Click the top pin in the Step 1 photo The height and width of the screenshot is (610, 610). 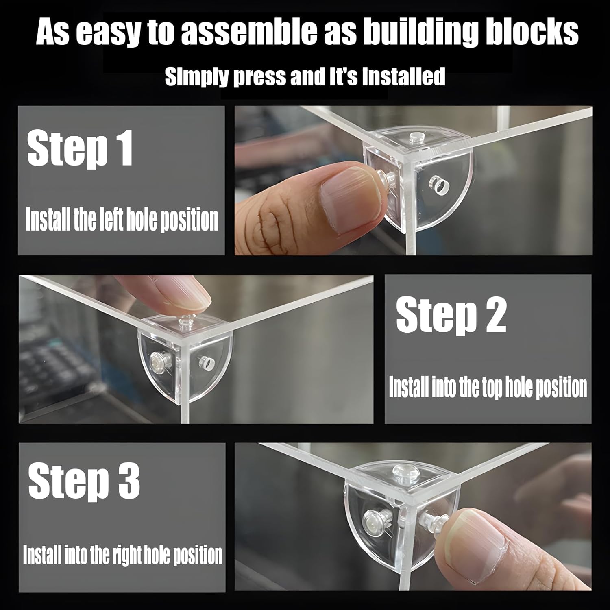415,136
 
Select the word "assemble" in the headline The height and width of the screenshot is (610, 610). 247,32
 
